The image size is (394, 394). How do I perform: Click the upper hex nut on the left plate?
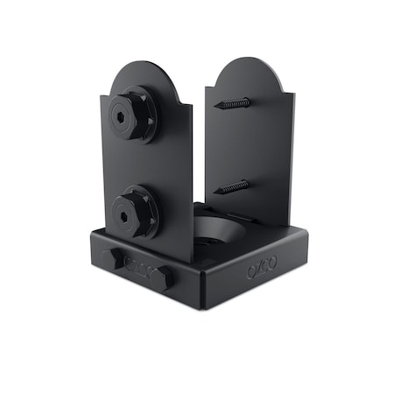[x=133, y=114]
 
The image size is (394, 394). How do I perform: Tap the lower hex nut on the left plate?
[x=133, y=211]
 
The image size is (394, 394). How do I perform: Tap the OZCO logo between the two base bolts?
[x=137, y=268]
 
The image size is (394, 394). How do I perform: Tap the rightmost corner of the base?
[x=310, y=231]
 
